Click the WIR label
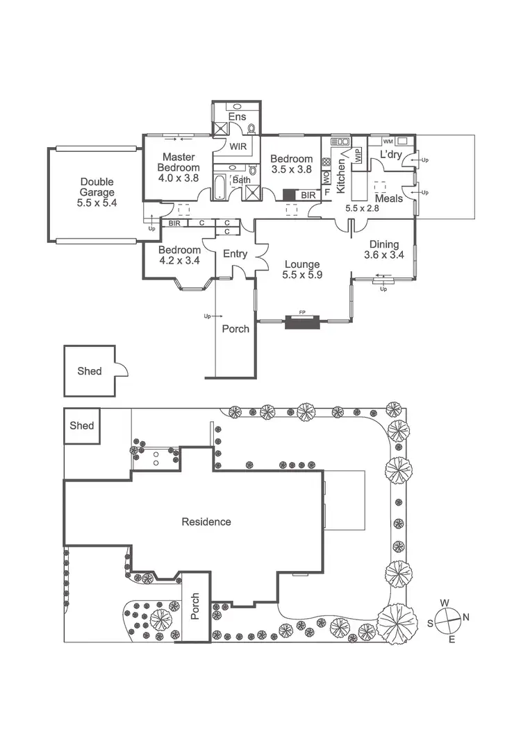pos(238,147)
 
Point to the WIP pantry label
pos(358,155)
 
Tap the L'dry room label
pos(390,155)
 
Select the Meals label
pos(388,198)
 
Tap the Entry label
pos(235,254)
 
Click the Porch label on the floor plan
pos(235,329)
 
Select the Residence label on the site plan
pos(206,522)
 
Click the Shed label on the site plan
pos(81,425)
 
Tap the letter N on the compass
pos(466,617)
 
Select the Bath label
pos(241,180)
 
